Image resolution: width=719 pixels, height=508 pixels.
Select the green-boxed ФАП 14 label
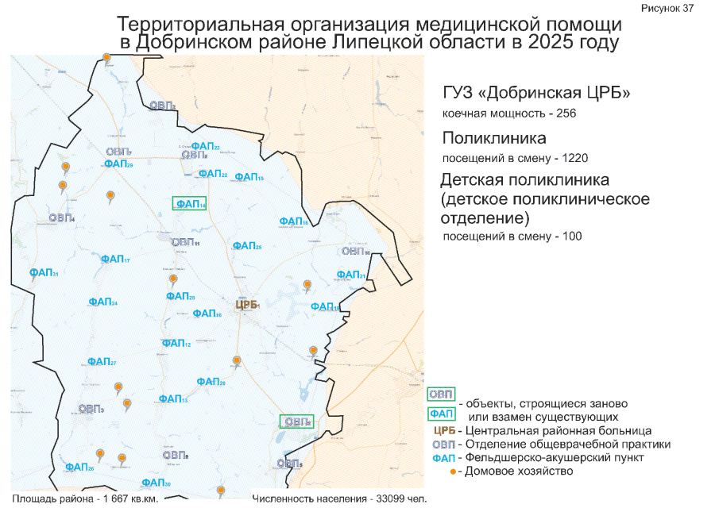190,204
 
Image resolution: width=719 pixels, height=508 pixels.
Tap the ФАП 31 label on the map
44,273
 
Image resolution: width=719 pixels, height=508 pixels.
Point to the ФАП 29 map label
118,164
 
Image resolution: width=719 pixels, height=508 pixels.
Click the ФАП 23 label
206,147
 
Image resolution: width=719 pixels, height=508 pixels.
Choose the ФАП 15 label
249,177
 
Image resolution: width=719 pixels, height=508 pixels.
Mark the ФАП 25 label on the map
245,246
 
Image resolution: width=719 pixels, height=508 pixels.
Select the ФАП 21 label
350,275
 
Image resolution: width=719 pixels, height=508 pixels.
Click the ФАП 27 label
102,362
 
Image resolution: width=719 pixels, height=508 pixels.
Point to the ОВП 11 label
185,242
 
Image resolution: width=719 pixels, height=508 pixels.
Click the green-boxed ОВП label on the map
296,421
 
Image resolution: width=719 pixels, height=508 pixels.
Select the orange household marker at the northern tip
106,58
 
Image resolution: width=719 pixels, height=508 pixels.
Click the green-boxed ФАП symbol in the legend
443,413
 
